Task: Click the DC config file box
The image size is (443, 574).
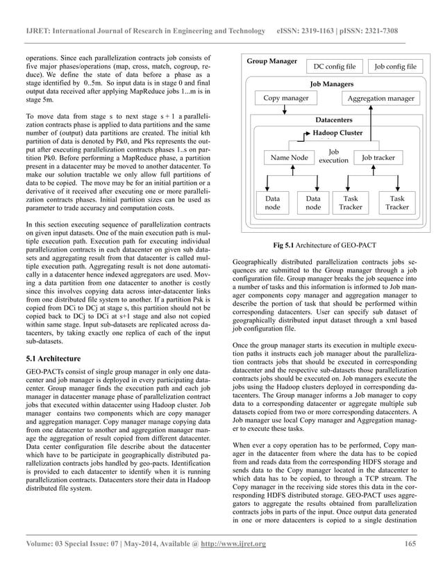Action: point(335,67)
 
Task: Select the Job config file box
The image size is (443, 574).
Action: point(395,67)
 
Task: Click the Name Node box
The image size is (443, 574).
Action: point(290,158)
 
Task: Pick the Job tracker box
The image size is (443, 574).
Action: point(378,158)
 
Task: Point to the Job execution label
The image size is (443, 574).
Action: point(333,156)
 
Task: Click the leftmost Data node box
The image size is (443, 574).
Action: point(272,202)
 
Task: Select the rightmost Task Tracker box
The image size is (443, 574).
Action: point(397,202)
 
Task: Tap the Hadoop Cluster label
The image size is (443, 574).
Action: point(338,131)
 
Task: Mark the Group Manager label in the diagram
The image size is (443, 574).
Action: point(271,62)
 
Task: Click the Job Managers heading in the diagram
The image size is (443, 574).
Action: point(331,83)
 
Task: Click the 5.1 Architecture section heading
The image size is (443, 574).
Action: point(52,359)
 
